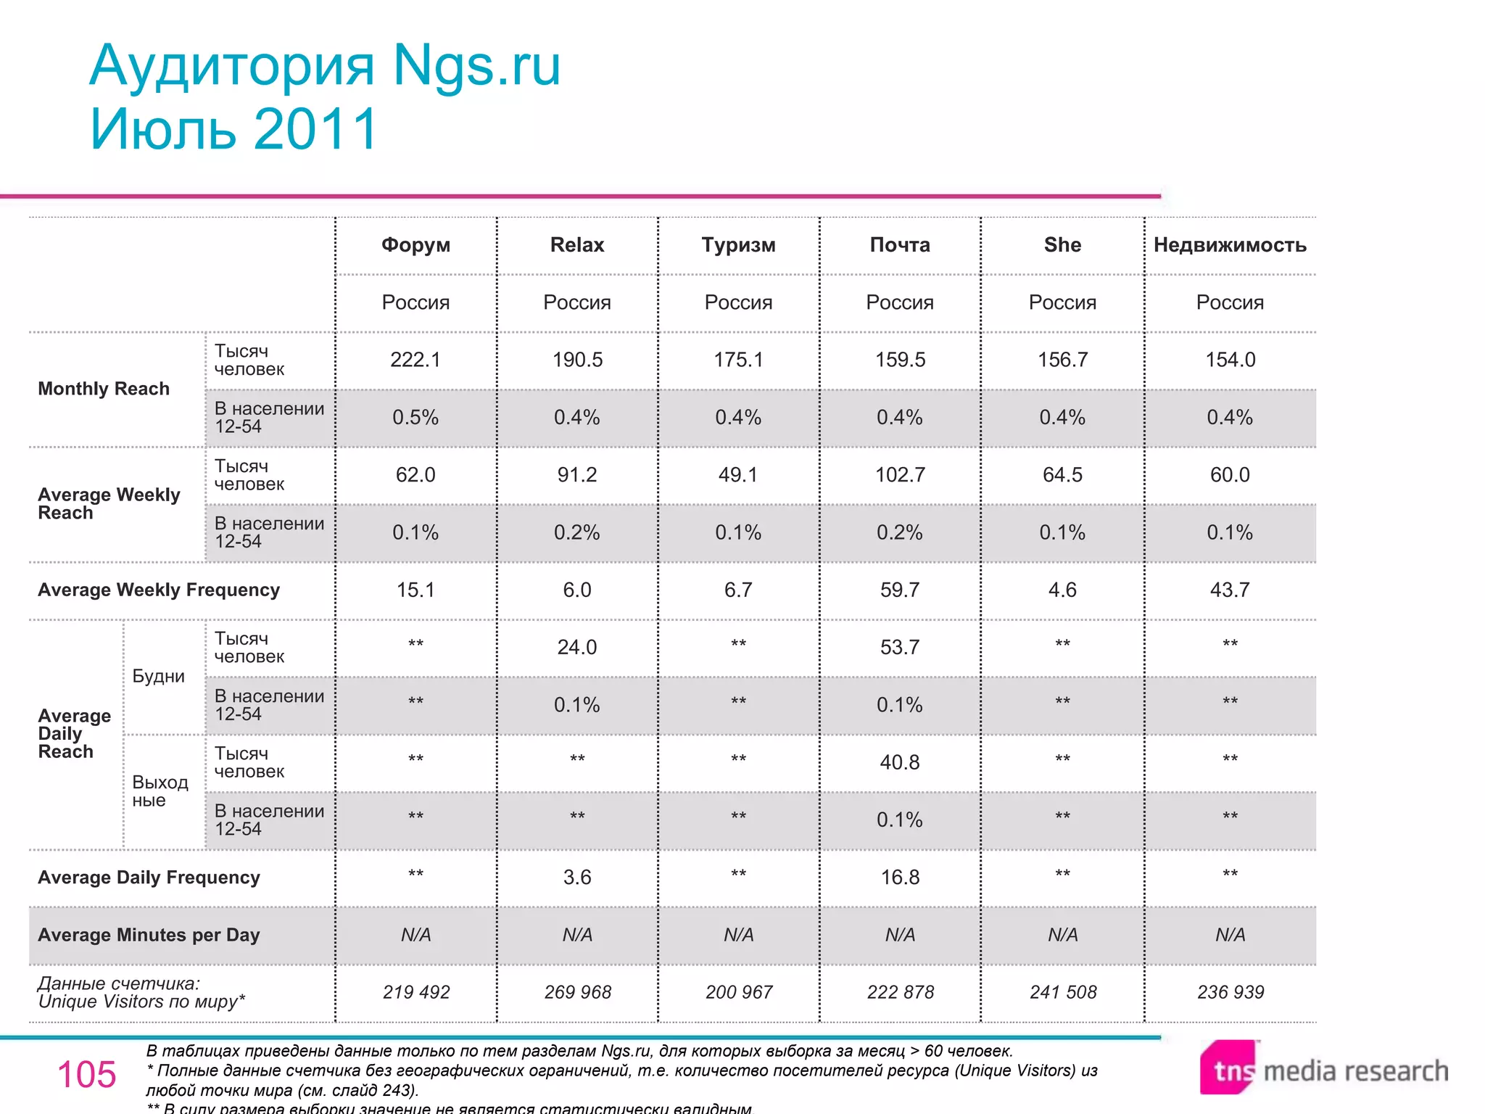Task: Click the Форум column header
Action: pos(415,245)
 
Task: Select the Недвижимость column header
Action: pos(1230,245)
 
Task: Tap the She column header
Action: pos(1062,245)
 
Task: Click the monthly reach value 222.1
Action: pos(415,360)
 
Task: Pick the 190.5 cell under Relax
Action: pos(577,360)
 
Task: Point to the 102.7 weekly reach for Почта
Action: pos(900,475)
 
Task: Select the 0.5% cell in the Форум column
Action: pos(415,418)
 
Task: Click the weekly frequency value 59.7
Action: pos(900,590)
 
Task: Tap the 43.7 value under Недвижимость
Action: pos(1230,590)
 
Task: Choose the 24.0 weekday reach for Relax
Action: pos(577,647)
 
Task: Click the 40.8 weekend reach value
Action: pos(900,762)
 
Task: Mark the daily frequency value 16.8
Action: pos(900,878)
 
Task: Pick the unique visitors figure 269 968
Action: pos(577,992)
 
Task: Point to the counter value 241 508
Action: pos(1063,992)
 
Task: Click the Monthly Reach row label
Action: pos(104,389)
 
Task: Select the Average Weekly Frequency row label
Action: pos(159,590)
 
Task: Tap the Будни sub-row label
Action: pos(158,676)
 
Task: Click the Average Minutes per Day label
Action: pos(149,935)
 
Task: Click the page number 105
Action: pos(86,1074)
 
